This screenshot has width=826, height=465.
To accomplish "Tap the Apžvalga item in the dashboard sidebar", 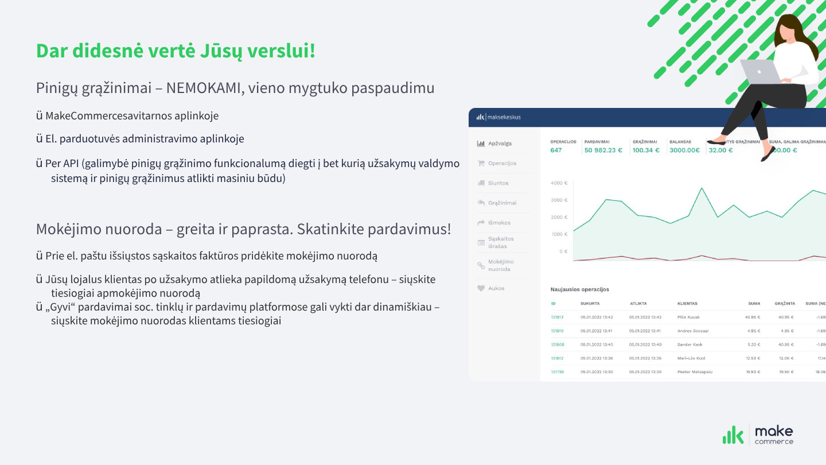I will pyautogui.click(x=500, y=144).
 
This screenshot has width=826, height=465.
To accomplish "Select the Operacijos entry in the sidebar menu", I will pyautogui.click(x=502, y=163).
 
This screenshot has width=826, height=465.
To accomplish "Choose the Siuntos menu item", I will pyautogui.click(x=498, y=183).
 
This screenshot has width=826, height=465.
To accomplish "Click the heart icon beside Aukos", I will pyautogui.click(x=481, y=288).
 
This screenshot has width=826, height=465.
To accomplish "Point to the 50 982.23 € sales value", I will pyautogui.click(x=603, y=150).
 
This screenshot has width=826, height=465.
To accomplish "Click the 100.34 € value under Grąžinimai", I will pyautogui.click(x=646, y=150).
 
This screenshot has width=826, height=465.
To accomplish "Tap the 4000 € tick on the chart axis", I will pyautogui.click(x=558, y=183).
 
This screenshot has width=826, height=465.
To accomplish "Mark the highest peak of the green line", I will pyautogui.click(x=701, y=188).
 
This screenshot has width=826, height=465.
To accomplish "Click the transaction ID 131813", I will pyautogui.click(x=557, y=317).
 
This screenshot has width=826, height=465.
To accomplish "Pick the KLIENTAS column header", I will pyautogui.click(x=687, y=303).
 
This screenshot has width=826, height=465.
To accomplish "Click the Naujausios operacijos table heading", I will pyautogui.click(x=579, y=289).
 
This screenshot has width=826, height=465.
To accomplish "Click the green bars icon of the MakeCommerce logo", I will pyautogui.click(x=733, y=436).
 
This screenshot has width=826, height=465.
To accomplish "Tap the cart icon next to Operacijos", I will pyautogui.click(x=481, y=163).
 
